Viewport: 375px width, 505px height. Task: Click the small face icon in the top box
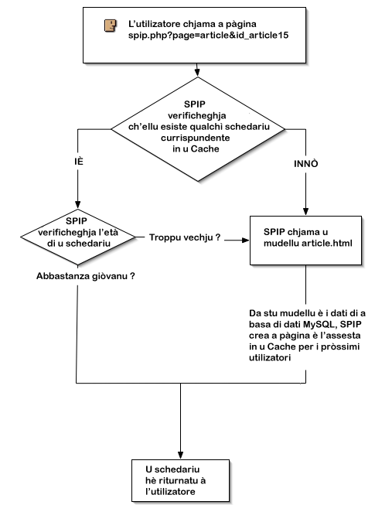click(x=110, y=26)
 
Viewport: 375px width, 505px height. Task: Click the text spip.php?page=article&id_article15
click(x=208, y=35)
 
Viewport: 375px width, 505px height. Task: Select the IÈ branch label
click(x=79, y=161)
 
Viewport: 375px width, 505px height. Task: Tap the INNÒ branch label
click(x=305, y=164)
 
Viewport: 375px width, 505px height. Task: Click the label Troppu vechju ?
click(x=185, y=237)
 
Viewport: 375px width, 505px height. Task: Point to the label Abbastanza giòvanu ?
click(x=86, y=276)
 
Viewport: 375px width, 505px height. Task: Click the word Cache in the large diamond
click(x=205, y=148)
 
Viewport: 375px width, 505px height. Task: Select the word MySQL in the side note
click(x=319, y=324)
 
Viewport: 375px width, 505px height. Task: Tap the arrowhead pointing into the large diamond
click(x=197, y=73)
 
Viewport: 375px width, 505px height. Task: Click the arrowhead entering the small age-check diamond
click(x=77, y=204)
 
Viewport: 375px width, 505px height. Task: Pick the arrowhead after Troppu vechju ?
click(x=246, y=241)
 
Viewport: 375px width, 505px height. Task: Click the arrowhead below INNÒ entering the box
click(x=305, y=211)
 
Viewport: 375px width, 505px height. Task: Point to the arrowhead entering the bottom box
click(x=181, y=455)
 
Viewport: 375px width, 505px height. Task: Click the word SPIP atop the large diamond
click(x=194, y=104)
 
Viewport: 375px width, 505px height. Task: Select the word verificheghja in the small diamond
click(x=67, y=233)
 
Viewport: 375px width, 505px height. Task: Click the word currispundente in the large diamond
click(x=196, y=138)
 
